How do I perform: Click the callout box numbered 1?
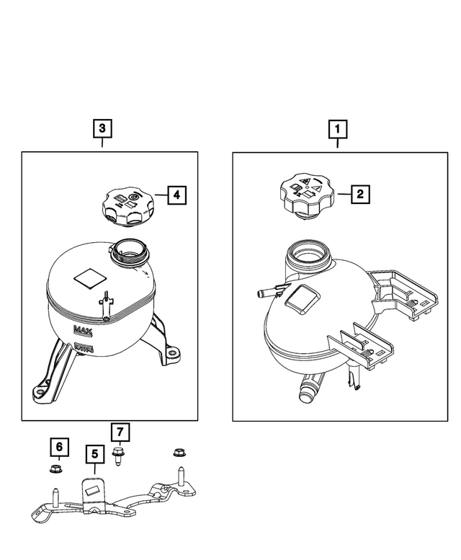click(x=337, y=129)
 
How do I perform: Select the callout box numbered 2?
click(x=360, y=194)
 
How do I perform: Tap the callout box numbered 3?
click(x=102, y=128)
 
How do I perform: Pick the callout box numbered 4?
click(x=177, y=195)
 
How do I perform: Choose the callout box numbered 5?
click(x=95, y=454)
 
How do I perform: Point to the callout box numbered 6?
click(x=59, y=447)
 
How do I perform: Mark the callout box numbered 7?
click(x=120, y=432)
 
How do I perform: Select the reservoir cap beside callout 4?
click(x=129, y=208)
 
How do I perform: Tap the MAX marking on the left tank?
click(x=83, y=330)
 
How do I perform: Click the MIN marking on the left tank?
click(x=84, y=347)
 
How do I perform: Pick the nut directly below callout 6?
click(x=55, y=468)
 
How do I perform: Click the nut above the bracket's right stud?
click(x=180, y=453)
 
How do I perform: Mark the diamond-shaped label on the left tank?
click(x=90, y=278)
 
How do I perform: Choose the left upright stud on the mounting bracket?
click(x=55, y=497)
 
